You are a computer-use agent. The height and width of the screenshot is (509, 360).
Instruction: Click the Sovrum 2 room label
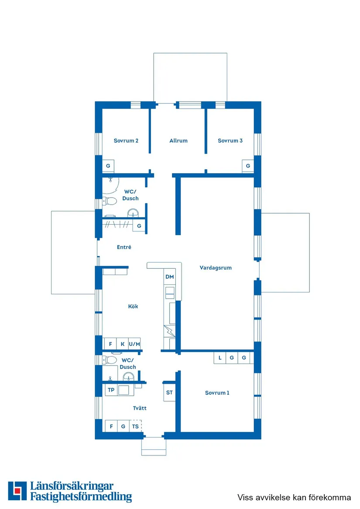tap(126, 140)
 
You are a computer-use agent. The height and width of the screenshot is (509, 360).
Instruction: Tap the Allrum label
tap(178, 140)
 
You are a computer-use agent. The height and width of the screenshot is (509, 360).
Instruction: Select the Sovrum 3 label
tap(230, 140)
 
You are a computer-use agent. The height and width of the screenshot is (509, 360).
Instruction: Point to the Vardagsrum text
tap(216, 268)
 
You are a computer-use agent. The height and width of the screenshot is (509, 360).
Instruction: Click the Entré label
tap(124, 247)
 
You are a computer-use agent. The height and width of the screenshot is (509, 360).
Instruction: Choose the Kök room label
tap(133, 306)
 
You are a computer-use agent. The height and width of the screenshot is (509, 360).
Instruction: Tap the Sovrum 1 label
tap(217, 393)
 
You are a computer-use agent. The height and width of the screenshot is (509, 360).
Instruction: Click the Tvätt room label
tap(140, 408)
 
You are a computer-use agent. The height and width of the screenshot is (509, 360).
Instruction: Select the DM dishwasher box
tap(170, 277)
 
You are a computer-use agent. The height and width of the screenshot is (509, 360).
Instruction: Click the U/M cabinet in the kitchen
tap(134, 344)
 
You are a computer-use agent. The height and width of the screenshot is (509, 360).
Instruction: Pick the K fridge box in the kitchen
tap(123, 344)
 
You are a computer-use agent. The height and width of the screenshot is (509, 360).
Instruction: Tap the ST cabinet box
tap(169, 393)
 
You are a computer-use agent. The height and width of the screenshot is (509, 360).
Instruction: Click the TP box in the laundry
tap(111, 390)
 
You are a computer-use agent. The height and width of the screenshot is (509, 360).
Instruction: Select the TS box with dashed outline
tap(135, 426)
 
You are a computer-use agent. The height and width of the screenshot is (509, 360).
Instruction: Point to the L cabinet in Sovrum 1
tap(220, 358)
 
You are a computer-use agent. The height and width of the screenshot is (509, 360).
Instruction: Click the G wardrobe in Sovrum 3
tap(248, 166)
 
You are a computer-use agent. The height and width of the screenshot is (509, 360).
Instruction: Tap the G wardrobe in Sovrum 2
tap(108, 166)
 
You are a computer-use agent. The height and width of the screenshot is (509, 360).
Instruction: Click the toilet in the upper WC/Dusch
tap(110, 201)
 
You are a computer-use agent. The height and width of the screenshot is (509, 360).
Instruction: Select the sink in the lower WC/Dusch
tap(129, 377)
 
